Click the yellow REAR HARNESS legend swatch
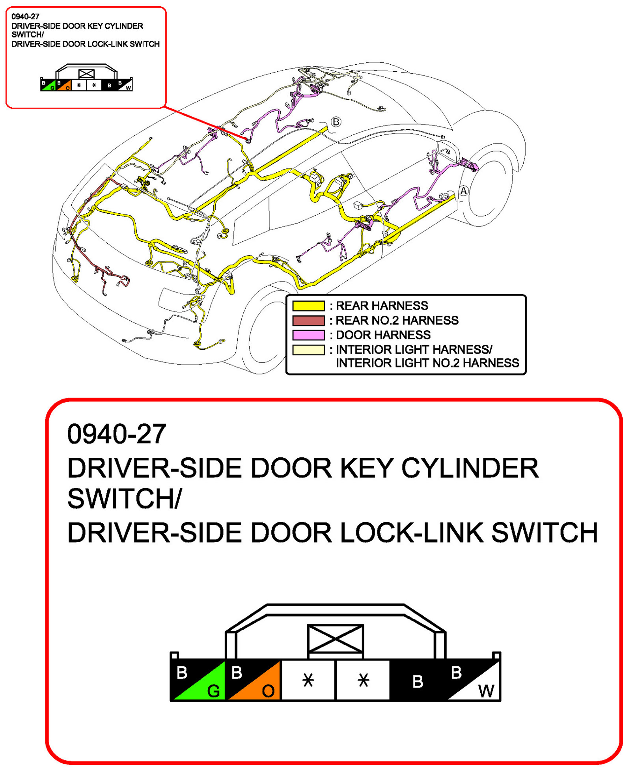pyautogui.click(x=308, y=306)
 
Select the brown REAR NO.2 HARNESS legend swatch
pyautogui.click(x=308, y=320)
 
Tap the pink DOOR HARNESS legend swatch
pyautogui.click(x=308, y=335)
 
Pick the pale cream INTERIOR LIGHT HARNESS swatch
pyautogui.click(x=308, y=349)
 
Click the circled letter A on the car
pyautogui.click(x=463, y=191)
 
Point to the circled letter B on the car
pyautogui.click(x=335, y=122)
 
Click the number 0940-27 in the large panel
pyautogui.click(x=117, y=434)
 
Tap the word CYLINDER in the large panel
pyautogui.click(x=469, y=468)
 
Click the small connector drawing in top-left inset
pyautogui.click(x=86, y=79)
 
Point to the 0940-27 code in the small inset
pyautogui.click(x=25, y=17)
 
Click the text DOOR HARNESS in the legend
pyautogui.click(x=382, y=335)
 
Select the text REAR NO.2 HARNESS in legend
pyautogui.click(x=397, y=320)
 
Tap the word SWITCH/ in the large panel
pyautogui.click(x=124, y=498)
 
